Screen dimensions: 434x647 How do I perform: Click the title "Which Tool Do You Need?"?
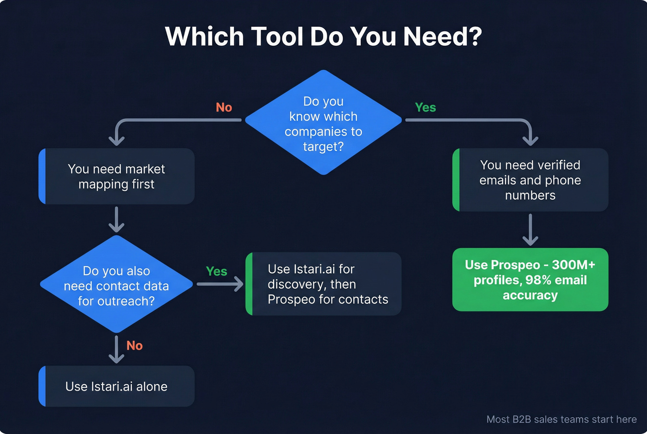click(x=323, y=37)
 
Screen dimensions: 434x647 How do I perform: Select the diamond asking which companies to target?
click(x=323, y=123)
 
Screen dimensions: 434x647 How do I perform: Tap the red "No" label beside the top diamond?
click(x=224, y=107)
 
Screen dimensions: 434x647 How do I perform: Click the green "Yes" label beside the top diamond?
click(x=425, y=107)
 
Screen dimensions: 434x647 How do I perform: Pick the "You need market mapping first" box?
click(x=116, y=177)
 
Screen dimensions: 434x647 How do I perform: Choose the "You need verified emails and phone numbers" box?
click(x=530, y=180)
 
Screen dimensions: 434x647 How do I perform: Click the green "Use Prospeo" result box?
click(x=530, y=280)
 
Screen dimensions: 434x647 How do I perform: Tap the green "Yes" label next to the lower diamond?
click(x=216, y=271)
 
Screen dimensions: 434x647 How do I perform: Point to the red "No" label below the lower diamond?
click(x=134, y=346)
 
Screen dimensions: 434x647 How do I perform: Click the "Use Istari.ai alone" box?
click(x=116, y=386)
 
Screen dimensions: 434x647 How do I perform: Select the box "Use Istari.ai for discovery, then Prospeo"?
click(x=323, y=284)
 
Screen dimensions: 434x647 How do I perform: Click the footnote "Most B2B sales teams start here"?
click(x=562, y=419)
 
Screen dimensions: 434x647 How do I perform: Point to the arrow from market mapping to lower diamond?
click(x=116, y=220)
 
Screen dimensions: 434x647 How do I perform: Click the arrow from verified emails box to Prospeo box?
click(x=530, y=230)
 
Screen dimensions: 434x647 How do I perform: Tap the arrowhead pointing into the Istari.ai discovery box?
click(x=238, y=284)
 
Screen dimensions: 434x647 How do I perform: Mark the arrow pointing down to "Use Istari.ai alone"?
click(x=116, y=350)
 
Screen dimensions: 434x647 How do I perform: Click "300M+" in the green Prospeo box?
click(x=574, y=265)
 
